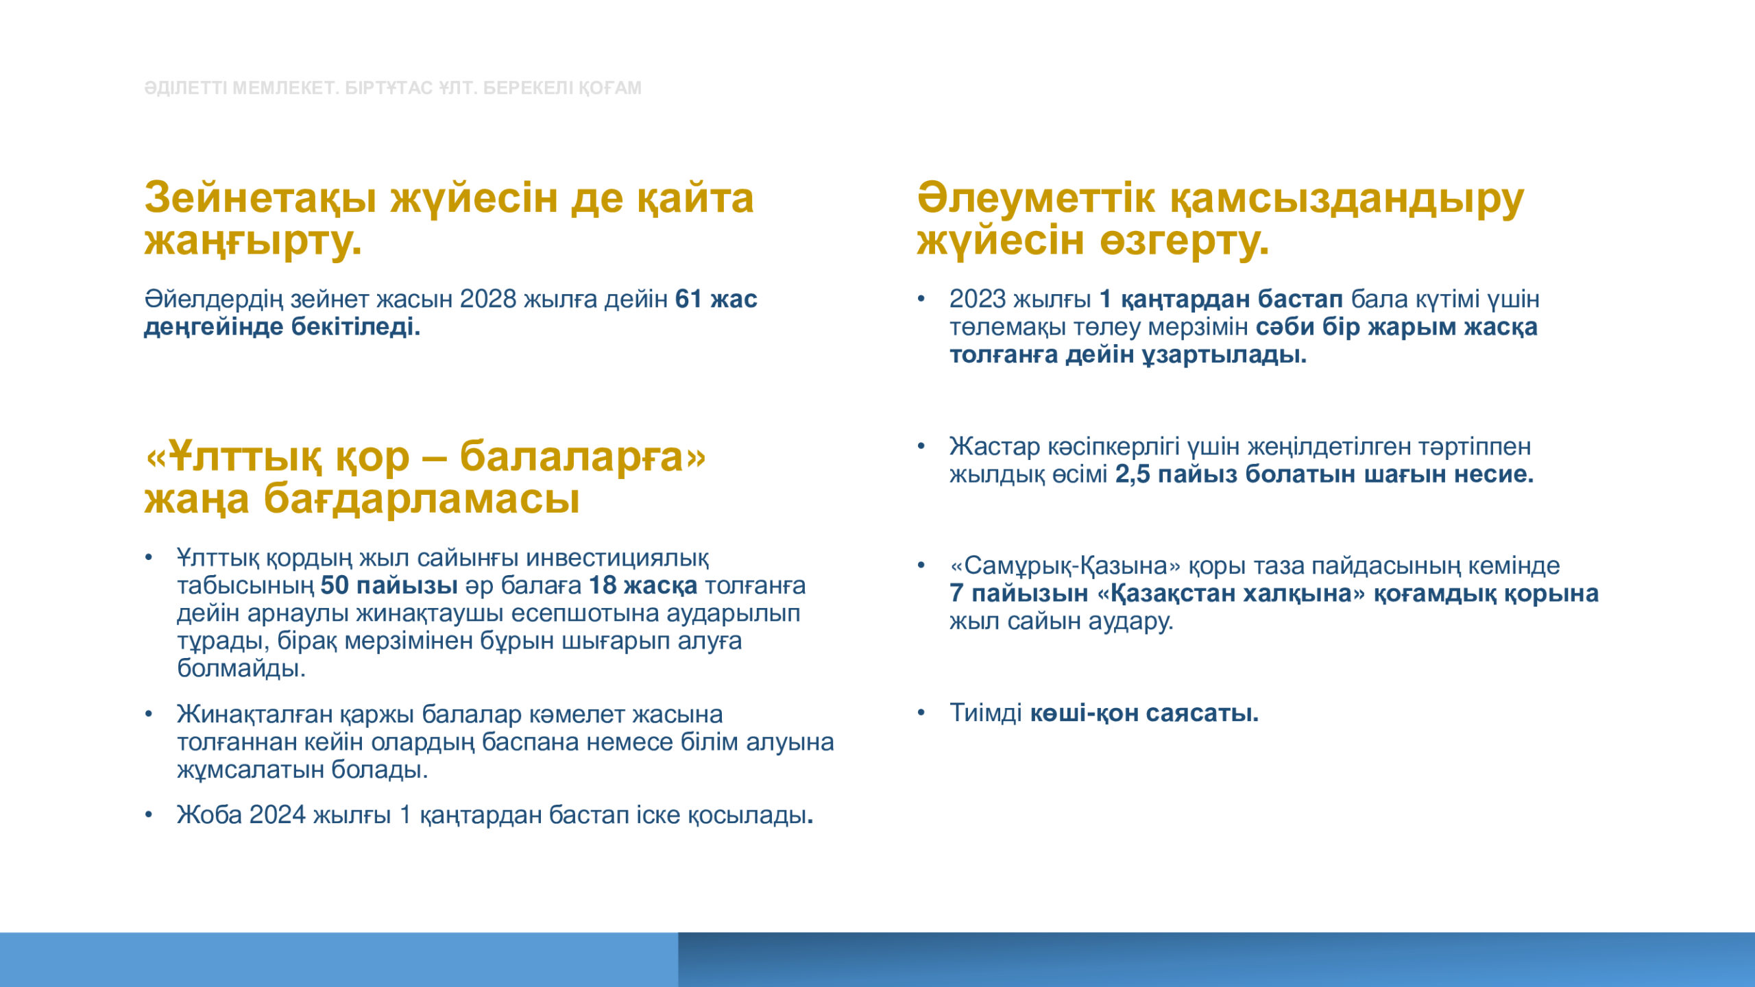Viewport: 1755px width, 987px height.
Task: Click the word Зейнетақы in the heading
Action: pos(261,198)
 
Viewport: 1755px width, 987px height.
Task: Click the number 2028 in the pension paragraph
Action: pos(488,300)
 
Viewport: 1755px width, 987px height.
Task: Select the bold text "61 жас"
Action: pos(716,300)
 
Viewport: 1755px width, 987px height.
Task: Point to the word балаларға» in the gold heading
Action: pos(583,456)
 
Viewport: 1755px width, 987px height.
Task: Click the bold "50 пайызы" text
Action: pos(389,586)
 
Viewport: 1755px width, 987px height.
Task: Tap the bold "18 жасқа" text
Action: pos(643,586)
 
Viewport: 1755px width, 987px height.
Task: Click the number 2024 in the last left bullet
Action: pos(278,815)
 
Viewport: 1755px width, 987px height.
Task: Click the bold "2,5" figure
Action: pos(1133,474)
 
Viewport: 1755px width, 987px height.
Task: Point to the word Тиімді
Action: pos(986,714)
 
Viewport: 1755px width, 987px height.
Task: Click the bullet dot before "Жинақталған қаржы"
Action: pos(148,715)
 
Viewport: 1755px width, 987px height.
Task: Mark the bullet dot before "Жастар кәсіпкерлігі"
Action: pos(921,447)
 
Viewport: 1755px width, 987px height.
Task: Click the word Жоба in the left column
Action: pos(209,815)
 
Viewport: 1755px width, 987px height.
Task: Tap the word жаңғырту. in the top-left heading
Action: pos(253,242)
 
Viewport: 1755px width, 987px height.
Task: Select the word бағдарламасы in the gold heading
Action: pos(422,499)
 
